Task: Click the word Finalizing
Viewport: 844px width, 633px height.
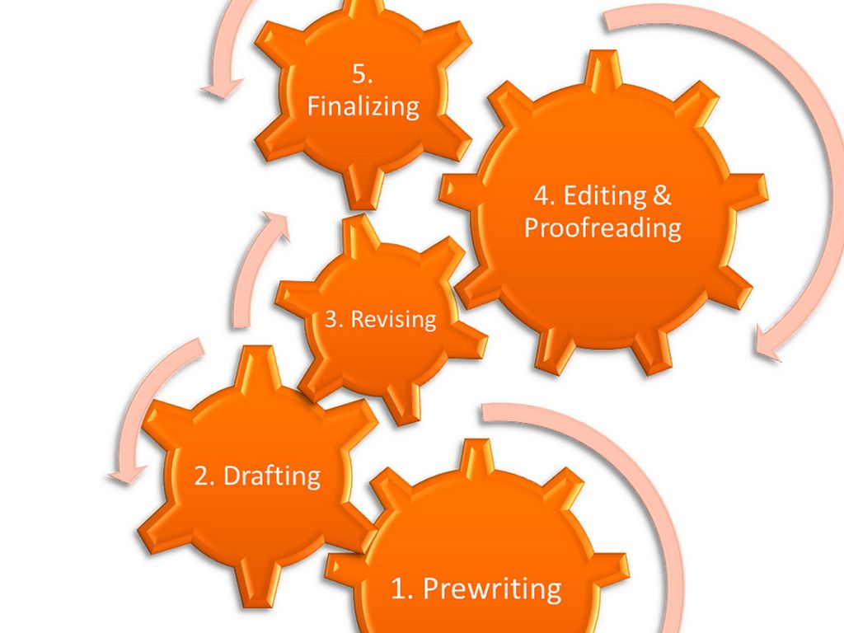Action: (x=363, y=106)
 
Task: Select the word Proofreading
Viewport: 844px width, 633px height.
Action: (x=603, y=228)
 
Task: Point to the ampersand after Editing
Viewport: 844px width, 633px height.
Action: (x=662, y=195)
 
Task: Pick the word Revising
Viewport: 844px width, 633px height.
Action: (x=393, y=319)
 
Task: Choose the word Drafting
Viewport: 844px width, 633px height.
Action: (x=272, y=476)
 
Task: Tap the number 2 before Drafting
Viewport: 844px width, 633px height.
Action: (x=201, y=476)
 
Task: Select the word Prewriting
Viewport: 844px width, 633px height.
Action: (x=492, y=588)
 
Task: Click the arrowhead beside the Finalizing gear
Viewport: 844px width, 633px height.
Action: (x=223, y=87)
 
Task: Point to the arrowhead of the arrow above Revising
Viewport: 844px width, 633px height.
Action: (x=274, y=225)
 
